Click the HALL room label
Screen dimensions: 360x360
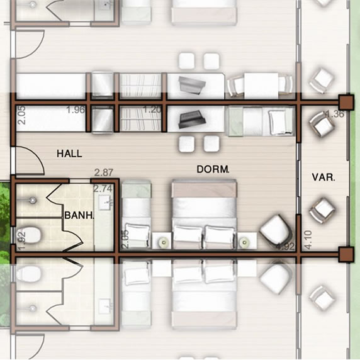pos(69,154)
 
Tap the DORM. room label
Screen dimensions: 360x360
pos(213,169)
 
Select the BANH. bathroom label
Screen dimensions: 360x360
pos(79,215)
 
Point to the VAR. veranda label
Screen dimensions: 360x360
pos(323,177)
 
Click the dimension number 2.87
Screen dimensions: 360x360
pos(104,172)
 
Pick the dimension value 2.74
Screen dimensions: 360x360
pos(103,189)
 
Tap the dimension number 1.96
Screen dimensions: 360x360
pos(76,110)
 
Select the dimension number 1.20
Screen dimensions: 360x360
pos(152,110)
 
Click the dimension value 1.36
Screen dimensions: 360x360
pos(335,114)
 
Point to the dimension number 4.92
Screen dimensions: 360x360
pos(285,247)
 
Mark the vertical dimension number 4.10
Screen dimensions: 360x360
pos(308,240)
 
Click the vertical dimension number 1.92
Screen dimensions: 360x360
pos(21,241)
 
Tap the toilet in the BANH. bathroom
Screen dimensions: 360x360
pos(29,235)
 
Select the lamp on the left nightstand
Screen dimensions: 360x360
pos(164,242)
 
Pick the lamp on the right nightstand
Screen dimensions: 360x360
pos(244,242)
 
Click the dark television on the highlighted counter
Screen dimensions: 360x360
pos(190,119)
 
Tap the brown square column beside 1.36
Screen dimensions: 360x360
pos(346,103)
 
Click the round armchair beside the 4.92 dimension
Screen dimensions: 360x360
pos(276,230)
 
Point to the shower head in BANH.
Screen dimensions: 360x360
pos(33,200)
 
